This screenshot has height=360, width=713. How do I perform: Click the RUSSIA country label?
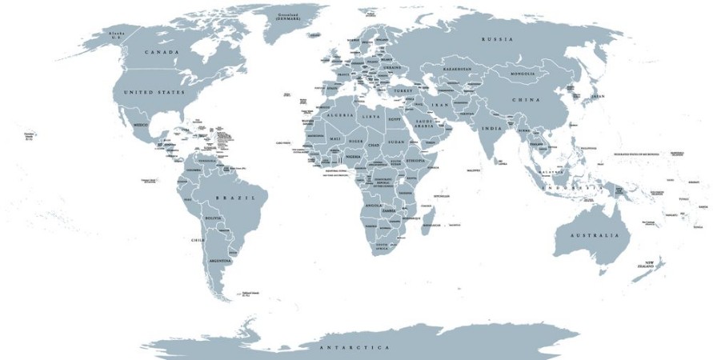click(497, 39)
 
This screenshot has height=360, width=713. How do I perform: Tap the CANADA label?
click(162, 52)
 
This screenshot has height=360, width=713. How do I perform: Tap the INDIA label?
click(492, 128)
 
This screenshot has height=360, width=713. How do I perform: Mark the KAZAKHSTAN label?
click(461, 70)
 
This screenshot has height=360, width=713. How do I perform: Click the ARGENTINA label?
click(220, 261)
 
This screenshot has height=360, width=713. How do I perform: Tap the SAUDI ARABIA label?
click(424, 125)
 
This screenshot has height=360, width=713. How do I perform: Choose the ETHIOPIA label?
click(416, 161)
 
